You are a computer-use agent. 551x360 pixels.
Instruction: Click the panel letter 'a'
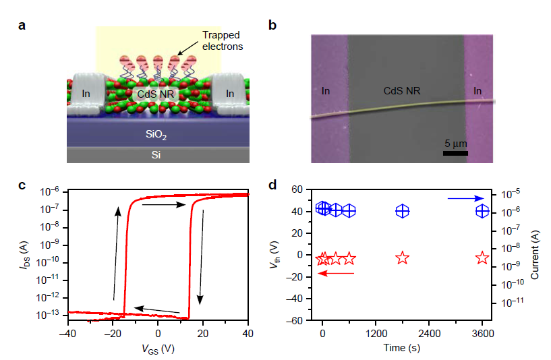pyautogui.click(x=22, y=26)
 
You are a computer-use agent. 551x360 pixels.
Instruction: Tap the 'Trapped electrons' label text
pyautogui.click(x=222, y=40)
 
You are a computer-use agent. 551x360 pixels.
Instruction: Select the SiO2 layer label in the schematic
pyautogui.click(x=156, y=135)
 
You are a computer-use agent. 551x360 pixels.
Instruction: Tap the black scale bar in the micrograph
pyautogui.click(x=455, y=153)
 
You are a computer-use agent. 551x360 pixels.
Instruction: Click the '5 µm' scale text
pyautogui.click(x=456, y=144)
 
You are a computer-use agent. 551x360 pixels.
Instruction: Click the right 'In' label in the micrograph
pyautogui.click(x=477, y=90)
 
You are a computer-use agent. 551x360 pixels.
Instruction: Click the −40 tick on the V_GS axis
pyautogui.click(x=67, y=332)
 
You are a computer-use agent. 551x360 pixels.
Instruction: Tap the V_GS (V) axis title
pyautogui.click(x=158, y=349)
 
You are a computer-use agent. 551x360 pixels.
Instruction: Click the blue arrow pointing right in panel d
pyautogui.click(x=465, y=198)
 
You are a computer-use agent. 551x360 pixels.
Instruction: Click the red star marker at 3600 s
pyautogui.click(x=482, y=258)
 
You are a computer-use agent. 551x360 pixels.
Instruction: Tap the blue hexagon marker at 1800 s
pyautogui.click(x=402, y=211)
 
